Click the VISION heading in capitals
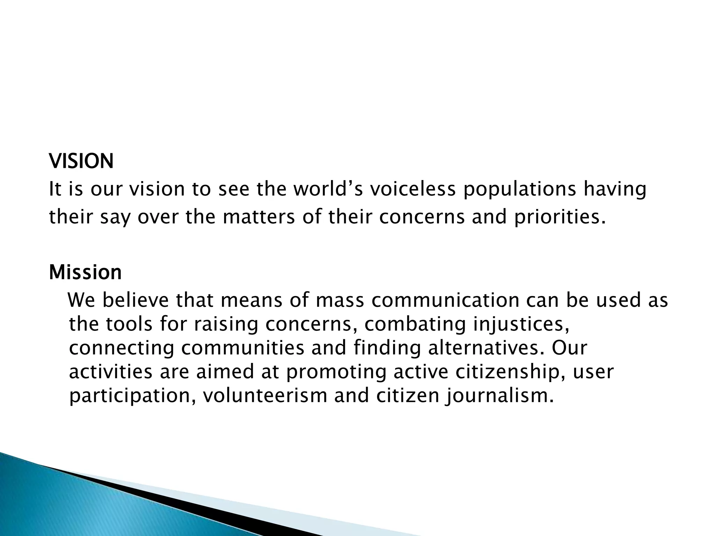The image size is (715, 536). pyautogui.click(x=81, y=161)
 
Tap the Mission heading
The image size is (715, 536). pyautogui.click(x=85, y=272)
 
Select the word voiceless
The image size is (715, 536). pyautogui.click(x=413, y=189)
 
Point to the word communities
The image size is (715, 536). pyautogui.click(x=243, y=348)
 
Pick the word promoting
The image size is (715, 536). pyautogui.click(x=336, y=372)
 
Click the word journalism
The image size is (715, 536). pyautogui.click(x=499, y=396)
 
